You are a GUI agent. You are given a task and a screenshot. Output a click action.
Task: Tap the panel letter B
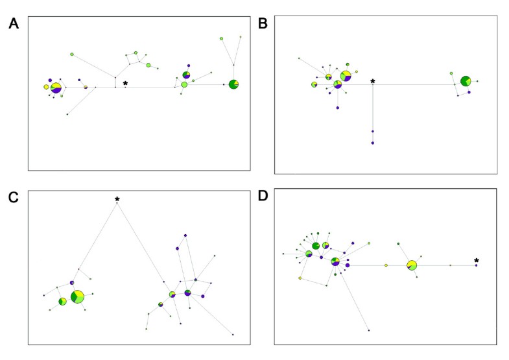point(263,24)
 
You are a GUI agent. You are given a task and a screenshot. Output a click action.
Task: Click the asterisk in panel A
point(125,84)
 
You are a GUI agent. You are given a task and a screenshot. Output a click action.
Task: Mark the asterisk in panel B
point(373,82)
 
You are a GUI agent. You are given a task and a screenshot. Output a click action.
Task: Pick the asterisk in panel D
point(476,261)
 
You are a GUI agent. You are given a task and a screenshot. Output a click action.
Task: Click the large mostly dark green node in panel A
point(233,84)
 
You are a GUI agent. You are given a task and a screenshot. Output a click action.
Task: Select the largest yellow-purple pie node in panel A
point(56,88)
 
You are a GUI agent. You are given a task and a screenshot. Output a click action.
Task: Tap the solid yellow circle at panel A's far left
point(46,87)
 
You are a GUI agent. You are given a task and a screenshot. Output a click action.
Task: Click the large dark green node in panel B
point(466,81)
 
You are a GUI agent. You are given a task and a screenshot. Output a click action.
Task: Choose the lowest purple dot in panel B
point(373,143)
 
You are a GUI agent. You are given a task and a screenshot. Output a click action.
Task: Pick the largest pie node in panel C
point(77,296)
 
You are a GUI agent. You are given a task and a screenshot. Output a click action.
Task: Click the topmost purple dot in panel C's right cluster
point(185,235)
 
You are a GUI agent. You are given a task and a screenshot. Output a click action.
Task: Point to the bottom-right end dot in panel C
point(232,335)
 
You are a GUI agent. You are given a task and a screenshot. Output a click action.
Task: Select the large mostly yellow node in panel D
point(412,265)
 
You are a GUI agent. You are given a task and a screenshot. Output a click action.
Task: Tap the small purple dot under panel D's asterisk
point(476,266)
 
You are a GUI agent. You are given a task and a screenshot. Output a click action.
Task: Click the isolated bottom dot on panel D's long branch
point(369,330)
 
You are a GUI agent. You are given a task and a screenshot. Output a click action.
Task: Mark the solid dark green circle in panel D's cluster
point(315,246)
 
